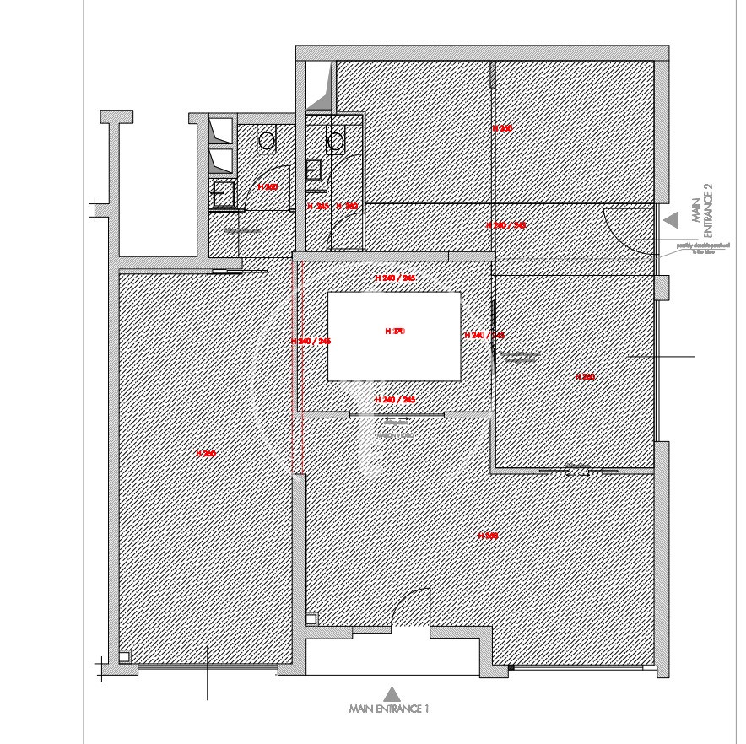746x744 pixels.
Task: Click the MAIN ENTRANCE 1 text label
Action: click(x=389, y=709)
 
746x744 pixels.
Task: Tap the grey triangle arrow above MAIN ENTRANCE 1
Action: click(x=392, y=693)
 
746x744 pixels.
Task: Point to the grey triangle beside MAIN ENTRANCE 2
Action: click(x=672, y=220)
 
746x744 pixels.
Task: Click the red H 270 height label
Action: click(x=395, y=332)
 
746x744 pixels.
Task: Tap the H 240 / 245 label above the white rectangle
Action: click(x=395, y=278)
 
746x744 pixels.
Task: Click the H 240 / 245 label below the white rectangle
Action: click(x=395, y=399)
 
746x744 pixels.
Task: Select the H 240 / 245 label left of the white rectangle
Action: click(x=311, y=341)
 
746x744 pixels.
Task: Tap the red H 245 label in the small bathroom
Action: click(x=317, y=206)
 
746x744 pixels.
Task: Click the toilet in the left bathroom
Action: click(x=267, y=141)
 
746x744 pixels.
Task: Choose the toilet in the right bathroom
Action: click(x=336, y=140)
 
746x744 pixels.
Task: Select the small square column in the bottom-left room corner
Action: click(x=125, y=655)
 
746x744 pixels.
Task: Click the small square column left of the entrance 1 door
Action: click(x=311, y=619)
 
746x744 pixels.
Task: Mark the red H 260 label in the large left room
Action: click(x=206, y=454)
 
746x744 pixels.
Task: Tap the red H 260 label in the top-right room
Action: click(x=502, y=128)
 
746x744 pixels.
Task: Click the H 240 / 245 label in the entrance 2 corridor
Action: click(x=506, y=225)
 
